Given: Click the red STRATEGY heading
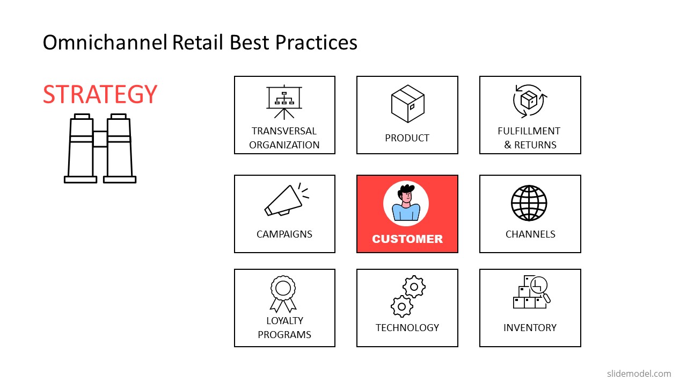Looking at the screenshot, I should tap(100, 94).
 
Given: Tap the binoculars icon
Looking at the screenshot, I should tap(100, 149).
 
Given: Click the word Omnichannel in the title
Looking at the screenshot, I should tap(105, 42).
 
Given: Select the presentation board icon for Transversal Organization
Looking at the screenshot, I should tap(284, 102).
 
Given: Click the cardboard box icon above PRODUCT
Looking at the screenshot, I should tap(407, 104).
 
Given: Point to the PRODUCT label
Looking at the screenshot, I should tap(407, 138).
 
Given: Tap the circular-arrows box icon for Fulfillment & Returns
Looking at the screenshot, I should tap(530, 101).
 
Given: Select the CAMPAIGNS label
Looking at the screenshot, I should tap(284, 234).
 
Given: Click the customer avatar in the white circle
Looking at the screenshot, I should tap(406, 204).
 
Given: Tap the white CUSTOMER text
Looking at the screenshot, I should tap(407, 239).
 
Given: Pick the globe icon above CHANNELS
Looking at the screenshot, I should tap(529, 203).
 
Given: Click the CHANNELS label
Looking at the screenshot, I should tap(530, 234).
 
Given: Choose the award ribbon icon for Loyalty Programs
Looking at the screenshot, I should tap(283, 293).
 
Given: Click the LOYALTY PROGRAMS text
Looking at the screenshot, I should tap(284, 327).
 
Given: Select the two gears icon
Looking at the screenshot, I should tap(408, 296).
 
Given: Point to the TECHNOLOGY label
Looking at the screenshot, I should tap(407, 328).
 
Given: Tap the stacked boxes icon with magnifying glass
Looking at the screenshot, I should tap(531, 292).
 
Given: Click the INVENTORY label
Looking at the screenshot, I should tap(530, 328).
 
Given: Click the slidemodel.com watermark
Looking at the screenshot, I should tap(639, 374).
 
